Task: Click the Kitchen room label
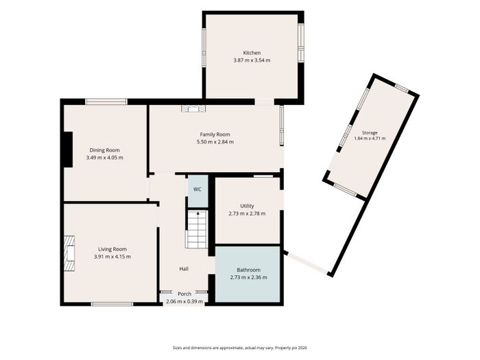[252, 53]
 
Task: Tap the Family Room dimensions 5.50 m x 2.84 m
[215, 142]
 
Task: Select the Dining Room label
[105, 150]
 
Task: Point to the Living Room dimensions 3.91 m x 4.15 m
[112, 256]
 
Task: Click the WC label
[197, 189]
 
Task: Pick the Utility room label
[247, 206]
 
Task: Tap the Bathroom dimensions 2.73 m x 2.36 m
[248, 277]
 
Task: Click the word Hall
[184, 269]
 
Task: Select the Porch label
[184, 294]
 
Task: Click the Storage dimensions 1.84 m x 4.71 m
[370, 139]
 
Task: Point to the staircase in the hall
[197, 229]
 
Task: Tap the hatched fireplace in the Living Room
[69, 254]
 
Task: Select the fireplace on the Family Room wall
[193, 109]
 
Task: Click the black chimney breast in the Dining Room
[68, 149]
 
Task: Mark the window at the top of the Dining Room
[106, 101]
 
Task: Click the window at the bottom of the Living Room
[112, 304]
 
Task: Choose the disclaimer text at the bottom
[240, 348]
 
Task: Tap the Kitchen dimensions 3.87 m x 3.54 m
[252, 60]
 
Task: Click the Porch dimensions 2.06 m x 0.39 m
[184, 302]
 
